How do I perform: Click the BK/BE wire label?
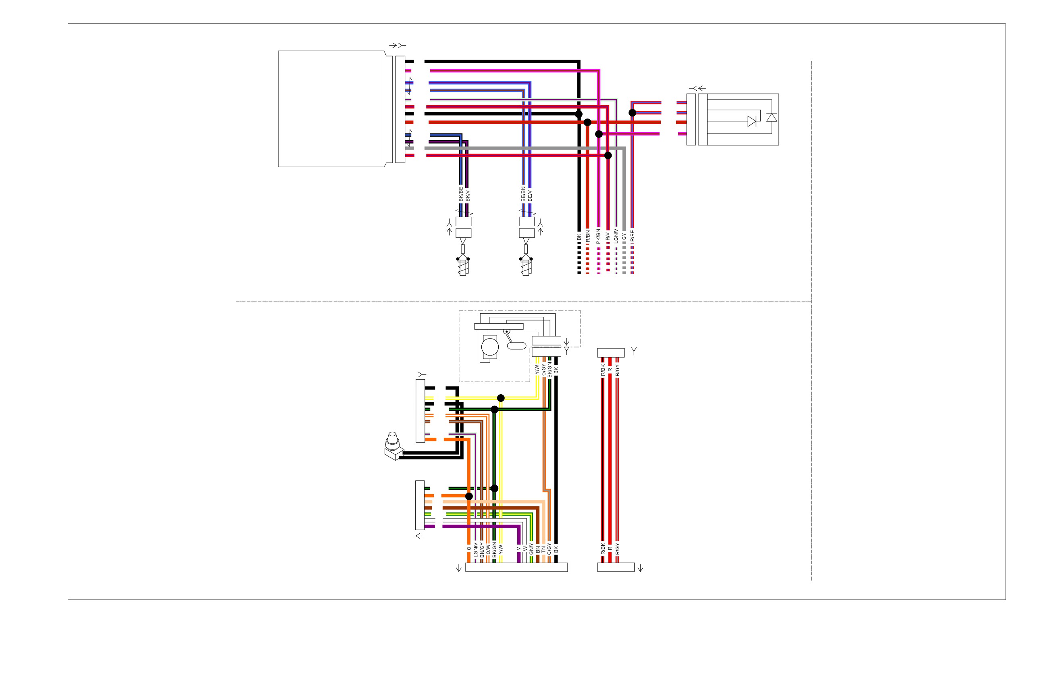pyautogui.click(x=460, y=194)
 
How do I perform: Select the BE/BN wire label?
pyautogui.click(x=523, y=194)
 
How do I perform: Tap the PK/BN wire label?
pyautogui.click(x=598, y=236)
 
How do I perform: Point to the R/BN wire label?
pyautogui.click(x=588, y=236)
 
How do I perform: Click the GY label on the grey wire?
pyautogui.click(x=624, y=237)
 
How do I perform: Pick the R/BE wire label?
pyautogui.click(x=632, y=236)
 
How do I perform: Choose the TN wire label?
pyautogui.click(x=543, y=549)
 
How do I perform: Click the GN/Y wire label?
pyautogui.click(x=531, y=549)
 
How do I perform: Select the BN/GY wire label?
pyautogui.click(x=482, y=549)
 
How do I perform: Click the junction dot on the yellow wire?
pyautogui.click(x=501, y=398)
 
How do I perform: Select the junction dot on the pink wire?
pyautogui.click(x=599, y=134)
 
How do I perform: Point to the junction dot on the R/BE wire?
pyautogui.click(x=633, y=112)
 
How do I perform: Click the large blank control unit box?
pyautogui.click(x=331, y=109)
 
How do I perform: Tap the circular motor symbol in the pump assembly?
pyautogui.click(x=490, y=347)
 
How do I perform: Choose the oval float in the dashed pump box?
pyautogui.click(x=516, y=346)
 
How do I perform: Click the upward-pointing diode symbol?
pyautogui.click(x=772, y=117)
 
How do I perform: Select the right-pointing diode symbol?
pyautogui.click(x=752, y=121)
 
